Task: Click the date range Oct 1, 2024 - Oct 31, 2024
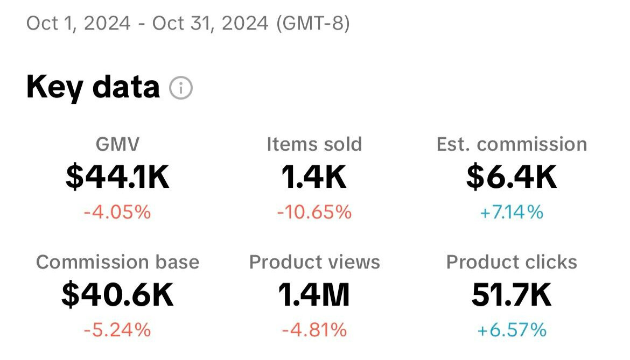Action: [147, 24]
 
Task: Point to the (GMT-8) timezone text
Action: [313, 24]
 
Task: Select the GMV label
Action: [117, 144]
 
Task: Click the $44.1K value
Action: [117, 178]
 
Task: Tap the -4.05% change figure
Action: [117, 213]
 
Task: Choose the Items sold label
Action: [314, 144]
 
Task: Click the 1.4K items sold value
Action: [314, 178]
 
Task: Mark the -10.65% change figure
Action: [314, 213]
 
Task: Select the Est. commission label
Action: [512, 144]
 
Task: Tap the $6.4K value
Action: [512, 178]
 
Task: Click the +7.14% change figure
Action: [512, 213]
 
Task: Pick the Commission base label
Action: [117, 262]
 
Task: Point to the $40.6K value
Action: [117, 295]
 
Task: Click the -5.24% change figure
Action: [117, 330]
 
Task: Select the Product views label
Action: [314, 262]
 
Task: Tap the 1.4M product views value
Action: [314, 295]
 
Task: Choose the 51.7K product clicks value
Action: [512, 295]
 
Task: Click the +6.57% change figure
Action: [512, 330]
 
